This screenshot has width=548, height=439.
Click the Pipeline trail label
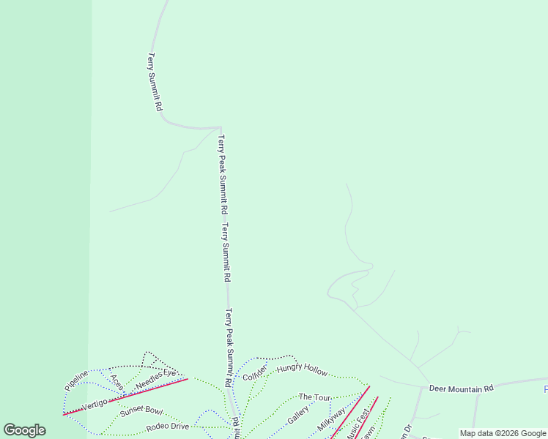(x=76, y=380)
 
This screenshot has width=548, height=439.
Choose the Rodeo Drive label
(x=167, y=427)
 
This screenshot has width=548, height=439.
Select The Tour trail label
(x=315, y=397)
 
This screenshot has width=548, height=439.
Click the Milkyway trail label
(x=331, y=422)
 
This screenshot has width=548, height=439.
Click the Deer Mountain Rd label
(x=461, y=389)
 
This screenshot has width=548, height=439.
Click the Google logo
(x=24, y=430)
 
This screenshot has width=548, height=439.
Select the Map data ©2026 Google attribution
(x=503, y=433)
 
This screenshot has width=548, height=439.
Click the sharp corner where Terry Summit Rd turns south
(x=219, y=128)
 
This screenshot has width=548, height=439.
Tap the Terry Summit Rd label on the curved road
(x=155, y=80)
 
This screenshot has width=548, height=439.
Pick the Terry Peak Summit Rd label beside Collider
(x=229, y=348)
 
